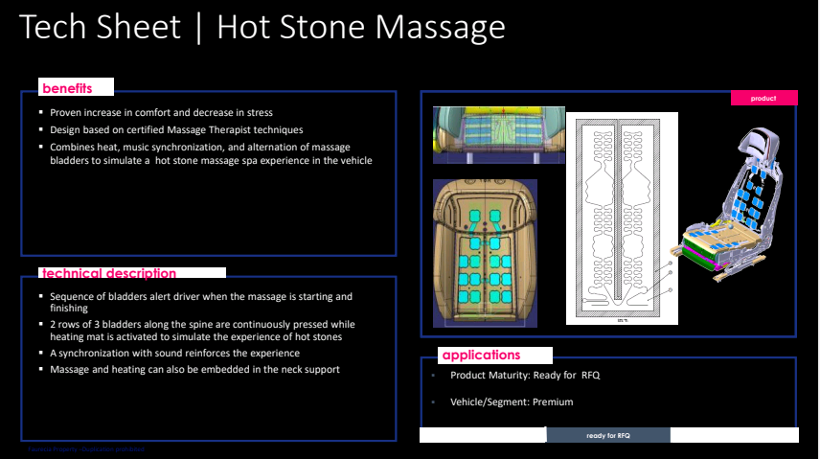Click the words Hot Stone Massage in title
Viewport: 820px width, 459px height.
tap(361, 27)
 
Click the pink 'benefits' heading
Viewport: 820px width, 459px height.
tap(67, 89)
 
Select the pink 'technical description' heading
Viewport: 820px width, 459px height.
tap(108, 273)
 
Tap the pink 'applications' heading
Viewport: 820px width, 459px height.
tap(481, 356)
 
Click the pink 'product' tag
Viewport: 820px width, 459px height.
tap(763, 98)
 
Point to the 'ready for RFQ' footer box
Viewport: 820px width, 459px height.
tap(608, 435)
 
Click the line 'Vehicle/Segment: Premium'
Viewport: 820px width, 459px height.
tap(512, 402)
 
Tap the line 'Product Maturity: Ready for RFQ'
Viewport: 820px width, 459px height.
tap(525, 375)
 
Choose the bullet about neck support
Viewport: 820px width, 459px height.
tap(194, 369)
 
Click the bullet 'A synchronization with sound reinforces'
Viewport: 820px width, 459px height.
tap(174, 353)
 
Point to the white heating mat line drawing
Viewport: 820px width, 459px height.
tap(622, 218)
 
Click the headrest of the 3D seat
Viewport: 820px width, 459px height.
tap(763, 147)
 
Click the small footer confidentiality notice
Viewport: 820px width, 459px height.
tap(86, 449)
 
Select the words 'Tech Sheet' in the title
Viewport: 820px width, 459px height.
tap(100, 27)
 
